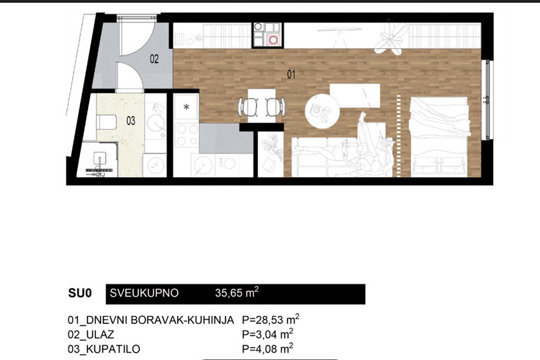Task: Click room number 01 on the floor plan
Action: coord(291,74)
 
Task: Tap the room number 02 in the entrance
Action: coord(154,59)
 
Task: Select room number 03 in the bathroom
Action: coord(131,121)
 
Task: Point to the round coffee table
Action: coord(322,111)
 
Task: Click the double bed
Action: coord(440,137)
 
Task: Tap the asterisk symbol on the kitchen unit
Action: coord(186,107)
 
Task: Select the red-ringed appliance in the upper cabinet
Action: coord(273,40)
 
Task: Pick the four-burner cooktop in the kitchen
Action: coord(186,135)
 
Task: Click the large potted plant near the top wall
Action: coord(392,37)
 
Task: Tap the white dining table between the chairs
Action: coord(262,106)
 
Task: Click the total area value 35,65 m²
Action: coord(237,292)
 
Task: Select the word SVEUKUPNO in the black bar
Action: coord(144,293)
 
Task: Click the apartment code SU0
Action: coord(80,293)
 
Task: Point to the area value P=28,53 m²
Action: coord(271,320)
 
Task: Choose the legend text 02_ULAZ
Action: coord(91,335)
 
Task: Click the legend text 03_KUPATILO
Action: coord(104,349)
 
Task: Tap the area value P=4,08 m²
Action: coord(268,348)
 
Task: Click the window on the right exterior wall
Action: coord(488,100)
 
